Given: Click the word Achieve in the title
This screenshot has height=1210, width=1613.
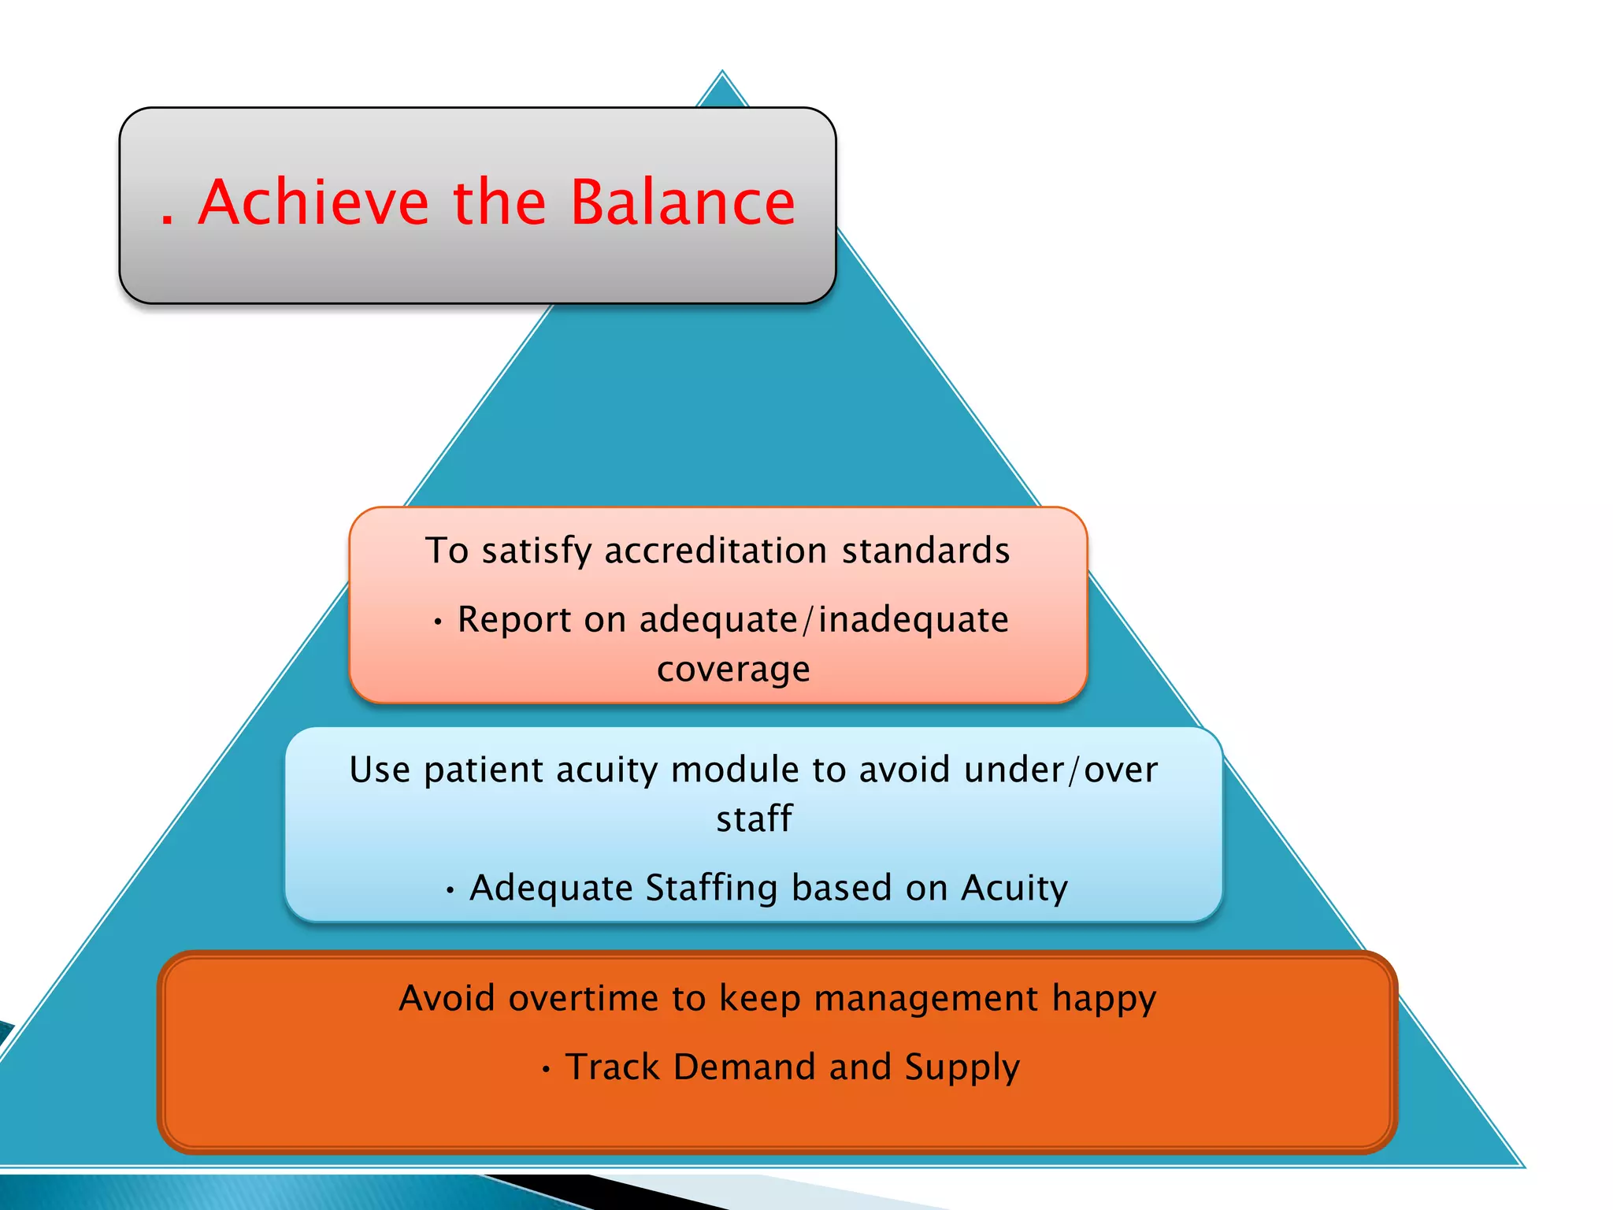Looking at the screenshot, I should (313, 203).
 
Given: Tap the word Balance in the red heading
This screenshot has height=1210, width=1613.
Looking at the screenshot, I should (682, 203).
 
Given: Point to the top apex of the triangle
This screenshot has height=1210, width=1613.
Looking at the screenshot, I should (722, 72).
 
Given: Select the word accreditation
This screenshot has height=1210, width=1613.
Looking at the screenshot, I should (715, 551).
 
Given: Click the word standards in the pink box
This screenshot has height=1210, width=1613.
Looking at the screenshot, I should (925, 551).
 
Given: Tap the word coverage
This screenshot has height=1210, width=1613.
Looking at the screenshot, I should (733, 670).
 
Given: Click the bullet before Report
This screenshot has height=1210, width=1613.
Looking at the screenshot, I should (438, 622).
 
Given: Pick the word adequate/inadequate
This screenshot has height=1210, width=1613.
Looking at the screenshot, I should (824, 620).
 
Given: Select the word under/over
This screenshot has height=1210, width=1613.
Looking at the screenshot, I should (1061, 770).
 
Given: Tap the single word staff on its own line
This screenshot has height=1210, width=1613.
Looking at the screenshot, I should (754, 819).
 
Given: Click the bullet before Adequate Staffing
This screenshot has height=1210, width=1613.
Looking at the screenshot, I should (450, 891).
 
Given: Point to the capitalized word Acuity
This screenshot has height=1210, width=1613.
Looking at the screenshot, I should (1014, 889).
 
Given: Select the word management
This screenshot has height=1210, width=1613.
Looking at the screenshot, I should (926, 999).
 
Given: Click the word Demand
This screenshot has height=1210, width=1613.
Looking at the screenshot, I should (744, 1067).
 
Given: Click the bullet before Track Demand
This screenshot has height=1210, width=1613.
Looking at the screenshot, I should (546, 1071).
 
